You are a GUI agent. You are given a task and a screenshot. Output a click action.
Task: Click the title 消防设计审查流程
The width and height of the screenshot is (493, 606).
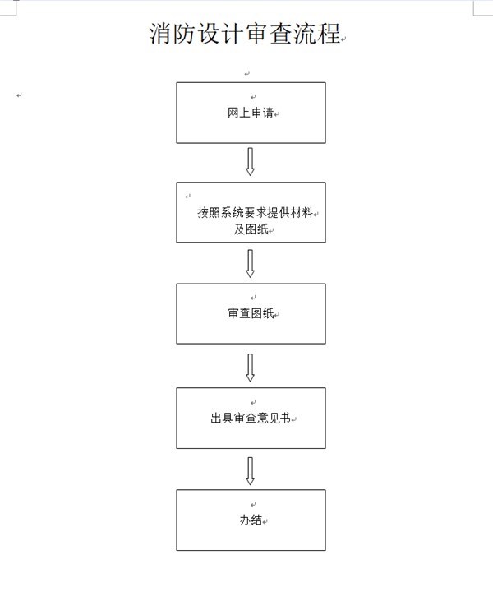point(245,34)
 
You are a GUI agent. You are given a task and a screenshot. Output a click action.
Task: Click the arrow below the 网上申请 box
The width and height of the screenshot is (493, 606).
point(251,161)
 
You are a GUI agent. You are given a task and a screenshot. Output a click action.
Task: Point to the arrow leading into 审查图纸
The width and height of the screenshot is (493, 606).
point(251,263)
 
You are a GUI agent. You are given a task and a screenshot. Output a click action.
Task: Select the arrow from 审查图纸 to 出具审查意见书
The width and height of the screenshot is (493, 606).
point(251,367)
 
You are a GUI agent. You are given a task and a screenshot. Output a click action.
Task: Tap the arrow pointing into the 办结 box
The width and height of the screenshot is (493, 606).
point(251,470)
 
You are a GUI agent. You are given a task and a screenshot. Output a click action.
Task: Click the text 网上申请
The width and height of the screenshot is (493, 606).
point(250,113)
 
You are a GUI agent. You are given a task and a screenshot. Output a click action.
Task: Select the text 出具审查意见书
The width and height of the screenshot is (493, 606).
point(250,419)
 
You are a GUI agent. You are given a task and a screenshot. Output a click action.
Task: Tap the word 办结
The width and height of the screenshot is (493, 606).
point(250,520)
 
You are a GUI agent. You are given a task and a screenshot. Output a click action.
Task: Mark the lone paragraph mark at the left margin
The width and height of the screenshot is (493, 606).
point(18,95)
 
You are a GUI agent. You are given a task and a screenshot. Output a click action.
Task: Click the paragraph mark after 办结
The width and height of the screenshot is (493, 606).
point(265,522)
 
